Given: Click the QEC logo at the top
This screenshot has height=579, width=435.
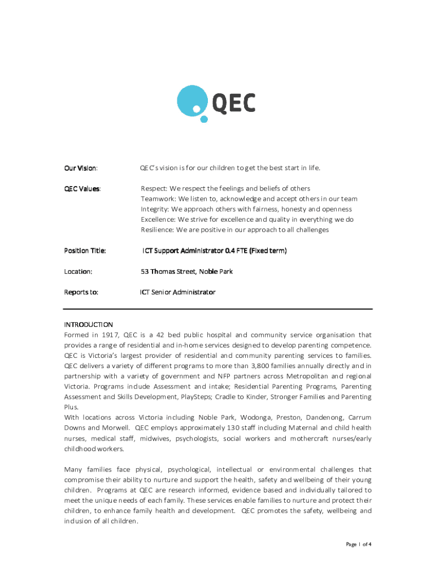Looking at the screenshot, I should pos(216,103).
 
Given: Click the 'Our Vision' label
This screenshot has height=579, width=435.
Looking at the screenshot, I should pos(80,168).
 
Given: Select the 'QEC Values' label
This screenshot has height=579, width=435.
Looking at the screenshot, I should pos(82,188).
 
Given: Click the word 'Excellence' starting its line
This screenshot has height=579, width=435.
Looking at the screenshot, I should pos(158,219).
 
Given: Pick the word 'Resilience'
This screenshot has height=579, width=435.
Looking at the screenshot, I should pos(157,230).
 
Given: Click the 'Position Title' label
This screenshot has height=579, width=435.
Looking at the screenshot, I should pos(85,250).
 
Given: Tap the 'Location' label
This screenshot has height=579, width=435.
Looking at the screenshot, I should pos(78,271).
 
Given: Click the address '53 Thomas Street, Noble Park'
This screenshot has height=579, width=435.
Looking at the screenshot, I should pos(186,271).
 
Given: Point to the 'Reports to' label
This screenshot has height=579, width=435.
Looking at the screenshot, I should pos(81,292).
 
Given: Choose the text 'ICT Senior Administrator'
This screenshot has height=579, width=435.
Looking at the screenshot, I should pos(178,292).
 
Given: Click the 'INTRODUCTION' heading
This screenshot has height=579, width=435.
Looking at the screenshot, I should pos(88,325).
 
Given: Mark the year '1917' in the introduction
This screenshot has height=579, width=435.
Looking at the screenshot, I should pos(108,335).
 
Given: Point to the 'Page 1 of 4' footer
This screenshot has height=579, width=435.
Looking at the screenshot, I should pos(358,545).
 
